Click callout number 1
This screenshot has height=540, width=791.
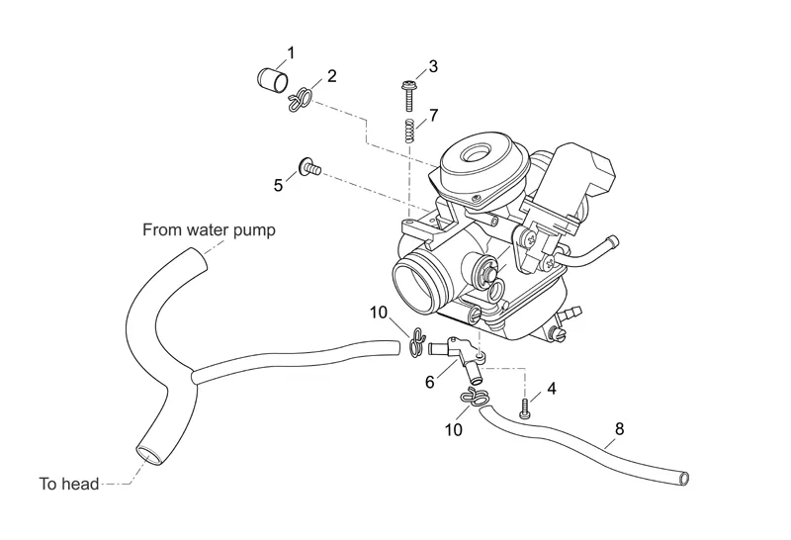(291, 51)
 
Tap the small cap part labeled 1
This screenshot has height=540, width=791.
(272, 78)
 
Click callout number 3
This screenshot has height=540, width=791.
(433, 67)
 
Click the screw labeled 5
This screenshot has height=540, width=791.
(309, 167)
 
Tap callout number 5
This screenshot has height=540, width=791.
(279, 185)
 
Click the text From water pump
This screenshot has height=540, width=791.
(209, 230)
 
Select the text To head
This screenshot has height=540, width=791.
(69, 484)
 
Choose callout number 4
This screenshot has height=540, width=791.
(551, 389)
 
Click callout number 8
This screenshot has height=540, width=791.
(620, 429)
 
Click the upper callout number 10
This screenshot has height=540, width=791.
(379, 313)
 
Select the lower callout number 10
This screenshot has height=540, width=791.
(453, 430)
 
